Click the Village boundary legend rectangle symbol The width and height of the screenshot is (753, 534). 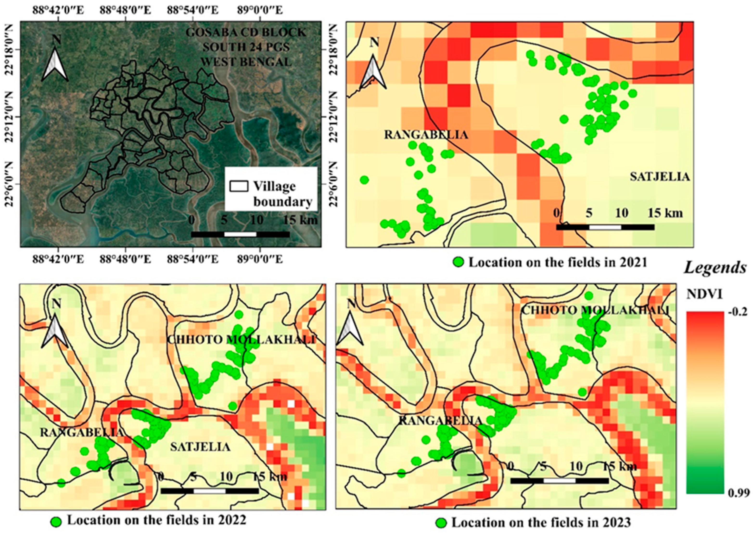pyautogui.click(x=239, y=186)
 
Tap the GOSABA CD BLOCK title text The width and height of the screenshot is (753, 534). pyautogui.click(x=246, y=32)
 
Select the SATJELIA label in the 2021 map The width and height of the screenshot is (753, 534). pyautogui.click(x=660, y=177)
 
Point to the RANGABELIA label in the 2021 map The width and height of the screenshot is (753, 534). pyautogui.click(x=426, y=135)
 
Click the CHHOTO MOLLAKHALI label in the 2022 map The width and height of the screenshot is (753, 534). pyautogui.click(x=242, y=340)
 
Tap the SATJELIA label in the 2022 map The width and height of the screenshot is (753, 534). pyautogui.click(x=200, y=447)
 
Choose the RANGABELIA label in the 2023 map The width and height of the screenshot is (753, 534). pyautogui.click(x=440, y=420)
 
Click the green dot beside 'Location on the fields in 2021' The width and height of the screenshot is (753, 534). pyautogui.click(x=458, y=262)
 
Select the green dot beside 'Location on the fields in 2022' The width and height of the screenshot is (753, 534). pyautogui.click(x=56, y=521)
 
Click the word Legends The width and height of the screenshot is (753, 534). pyautogui.click(x=715, y=268)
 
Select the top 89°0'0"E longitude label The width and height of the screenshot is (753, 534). pyautogui.click(x=259, y=11)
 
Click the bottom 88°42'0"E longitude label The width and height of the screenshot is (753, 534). pyautogui.click(x=58, y=260)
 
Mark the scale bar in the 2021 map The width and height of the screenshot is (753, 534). pyautogui.click(x=605, y=227)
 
